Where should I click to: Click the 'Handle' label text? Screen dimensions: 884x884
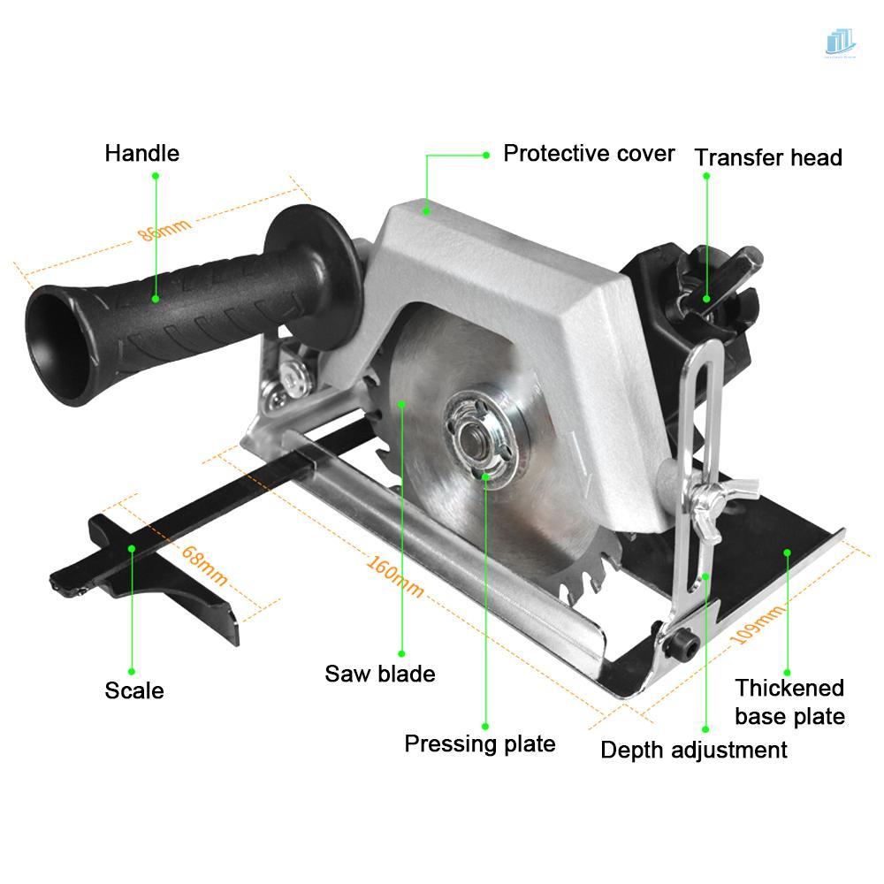[141, 153]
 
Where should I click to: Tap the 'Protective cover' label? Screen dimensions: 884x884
[589, 153]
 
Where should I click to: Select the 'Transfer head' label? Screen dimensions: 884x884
[767, 157]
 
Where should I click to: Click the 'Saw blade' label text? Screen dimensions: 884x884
[380, 674]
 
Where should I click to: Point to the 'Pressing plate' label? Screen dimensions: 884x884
[480, 743]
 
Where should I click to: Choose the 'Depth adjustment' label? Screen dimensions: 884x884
[694, 751]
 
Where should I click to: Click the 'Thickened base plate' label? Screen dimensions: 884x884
[789, 701]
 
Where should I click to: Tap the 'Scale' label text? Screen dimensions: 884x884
[134, 690]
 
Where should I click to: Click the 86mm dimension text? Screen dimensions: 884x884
[164, 229]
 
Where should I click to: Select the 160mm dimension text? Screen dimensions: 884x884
[395, 577]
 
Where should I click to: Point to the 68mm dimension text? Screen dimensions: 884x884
[204, 567]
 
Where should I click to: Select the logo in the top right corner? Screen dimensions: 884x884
[840, 42]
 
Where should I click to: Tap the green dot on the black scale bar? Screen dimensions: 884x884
[132, 548]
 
